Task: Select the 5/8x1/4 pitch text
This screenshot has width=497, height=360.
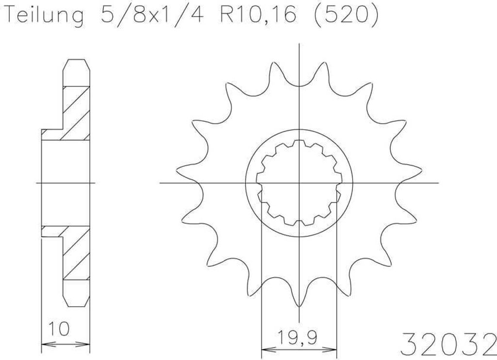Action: [152, 15]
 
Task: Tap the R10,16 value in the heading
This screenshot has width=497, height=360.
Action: [258, 15]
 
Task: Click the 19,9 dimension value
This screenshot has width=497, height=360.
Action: [298, 338]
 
